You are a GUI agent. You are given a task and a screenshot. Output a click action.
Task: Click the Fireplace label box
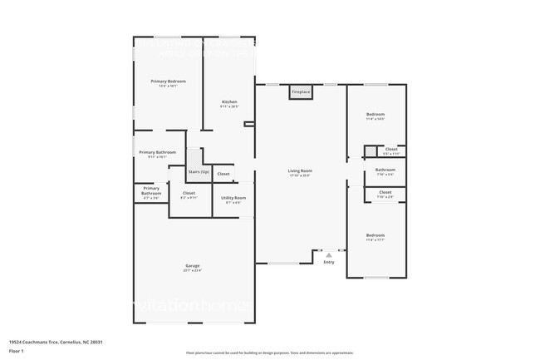[301, 91]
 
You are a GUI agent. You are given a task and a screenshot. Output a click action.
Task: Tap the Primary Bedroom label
[168, 81]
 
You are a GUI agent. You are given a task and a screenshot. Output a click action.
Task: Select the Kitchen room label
[229, 102]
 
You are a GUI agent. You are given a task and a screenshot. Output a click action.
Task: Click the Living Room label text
[299, 170]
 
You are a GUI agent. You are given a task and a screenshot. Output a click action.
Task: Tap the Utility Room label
[233, 198]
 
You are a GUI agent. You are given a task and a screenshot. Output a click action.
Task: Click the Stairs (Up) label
[199, 171]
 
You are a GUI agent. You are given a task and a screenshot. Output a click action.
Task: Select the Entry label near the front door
[329, 263]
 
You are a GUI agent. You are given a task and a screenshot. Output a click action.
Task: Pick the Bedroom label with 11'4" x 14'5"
[376, 114]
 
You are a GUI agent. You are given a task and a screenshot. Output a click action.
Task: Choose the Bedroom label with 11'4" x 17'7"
[376, 235]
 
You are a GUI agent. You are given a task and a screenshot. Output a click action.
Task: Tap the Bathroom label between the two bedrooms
[385, 170]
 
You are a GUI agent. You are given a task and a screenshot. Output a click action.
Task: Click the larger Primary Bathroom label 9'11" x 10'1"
[157, 152]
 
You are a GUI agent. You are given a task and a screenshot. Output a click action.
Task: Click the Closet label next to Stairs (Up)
[223, 174]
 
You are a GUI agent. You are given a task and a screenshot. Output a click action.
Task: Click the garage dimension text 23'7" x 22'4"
[193, 271]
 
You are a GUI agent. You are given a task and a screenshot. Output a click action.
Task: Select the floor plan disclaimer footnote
[269, 353]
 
